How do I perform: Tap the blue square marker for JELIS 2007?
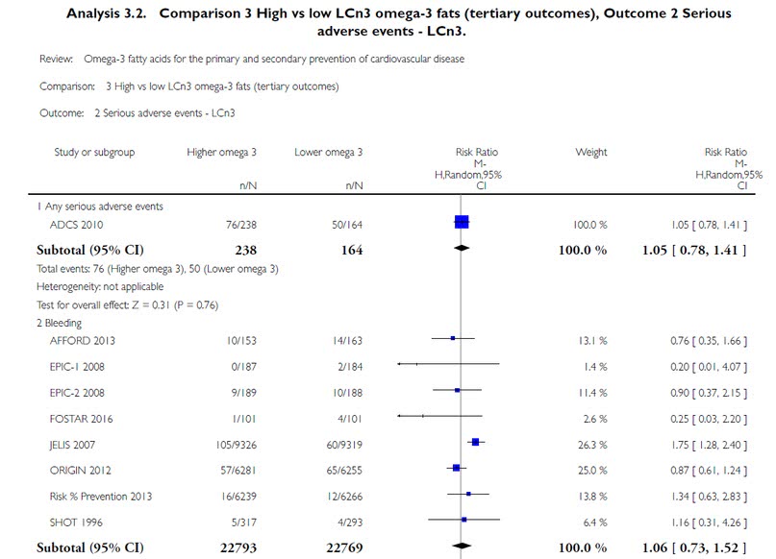(475, 442)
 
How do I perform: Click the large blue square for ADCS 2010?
(462, 223)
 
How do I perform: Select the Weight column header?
(590, 152)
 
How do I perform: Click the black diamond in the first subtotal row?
(463, 249)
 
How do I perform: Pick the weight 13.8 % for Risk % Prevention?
(588, 497)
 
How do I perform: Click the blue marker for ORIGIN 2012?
(458, 469)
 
